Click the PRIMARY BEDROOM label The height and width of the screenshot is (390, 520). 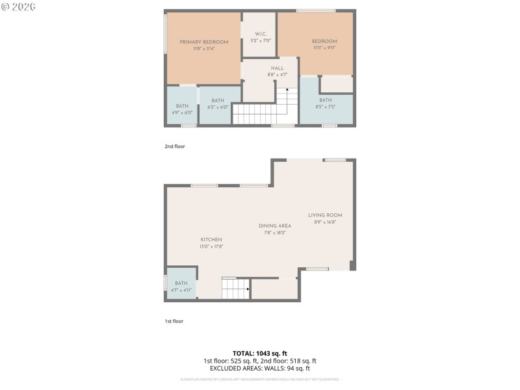(204, 42)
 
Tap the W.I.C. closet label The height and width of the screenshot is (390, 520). (259, 34)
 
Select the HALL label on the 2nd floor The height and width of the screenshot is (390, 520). (278, 68)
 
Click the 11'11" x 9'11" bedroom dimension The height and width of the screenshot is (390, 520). (324, 48)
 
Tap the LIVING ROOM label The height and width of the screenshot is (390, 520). (325, 215)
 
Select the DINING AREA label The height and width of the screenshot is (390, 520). (275, 226)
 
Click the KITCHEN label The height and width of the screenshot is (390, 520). (211, 239)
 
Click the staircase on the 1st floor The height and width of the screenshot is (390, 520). (236, 288)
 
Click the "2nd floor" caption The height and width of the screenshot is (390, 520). (174, 146)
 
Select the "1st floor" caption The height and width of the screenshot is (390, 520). (174, 321)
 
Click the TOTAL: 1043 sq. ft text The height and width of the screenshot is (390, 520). (259, 353)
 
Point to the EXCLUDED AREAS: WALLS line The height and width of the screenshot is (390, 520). (259, 368)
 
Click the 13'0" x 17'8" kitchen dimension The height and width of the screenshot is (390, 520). (211, 246)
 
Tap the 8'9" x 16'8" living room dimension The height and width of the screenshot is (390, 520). (325, 222)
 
